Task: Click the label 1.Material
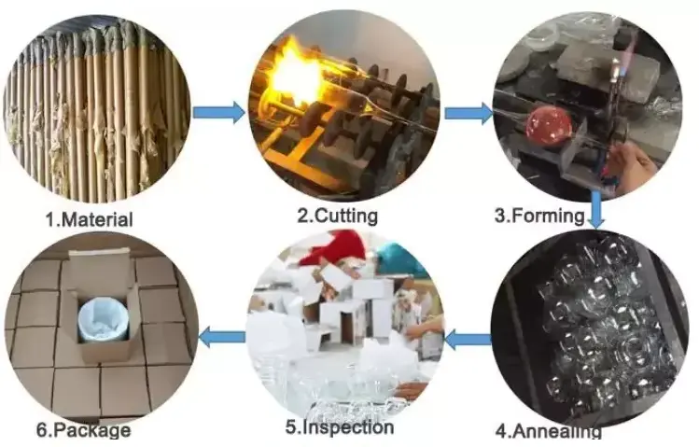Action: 90,219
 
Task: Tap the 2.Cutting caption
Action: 338,216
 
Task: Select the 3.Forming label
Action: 539,216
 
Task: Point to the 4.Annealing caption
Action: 549,431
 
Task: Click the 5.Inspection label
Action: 340,427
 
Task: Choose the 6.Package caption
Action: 84,430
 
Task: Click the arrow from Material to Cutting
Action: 218,112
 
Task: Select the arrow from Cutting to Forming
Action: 469,113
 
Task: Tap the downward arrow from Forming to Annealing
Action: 597,209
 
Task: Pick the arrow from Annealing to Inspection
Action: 468,340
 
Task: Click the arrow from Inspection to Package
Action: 221,337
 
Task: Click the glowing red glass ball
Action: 549,120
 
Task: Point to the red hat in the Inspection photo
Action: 333,246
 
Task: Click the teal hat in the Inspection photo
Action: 398,258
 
